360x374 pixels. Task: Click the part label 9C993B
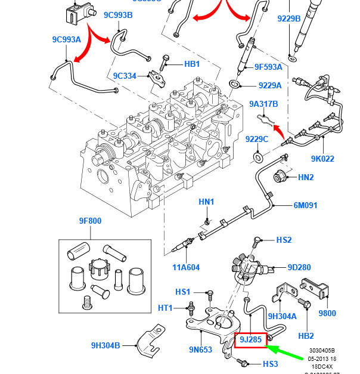[x=118, y=15]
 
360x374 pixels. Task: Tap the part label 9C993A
[x=66, y=41]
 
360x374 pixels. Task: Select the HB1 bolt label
[x=192, y=64]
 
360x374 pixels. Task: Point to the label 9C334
[x=125, y=76]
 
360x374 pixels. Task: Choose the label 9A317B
[x=263, y=104]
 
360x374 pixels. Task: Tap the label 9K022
[x=322, y=159]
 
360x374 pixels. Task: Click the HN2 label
[x=306, y=177]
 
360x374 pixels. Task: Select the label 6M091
[x=305, y=206]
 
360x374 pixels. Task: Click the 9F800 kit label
[x=90, y=221]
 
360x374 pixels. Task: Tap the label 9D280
[x=299, y=267]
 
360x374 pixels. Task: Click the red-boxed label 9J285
[x=250, y=339]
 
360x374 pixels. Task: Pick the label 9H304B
[x=105, y=345]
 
